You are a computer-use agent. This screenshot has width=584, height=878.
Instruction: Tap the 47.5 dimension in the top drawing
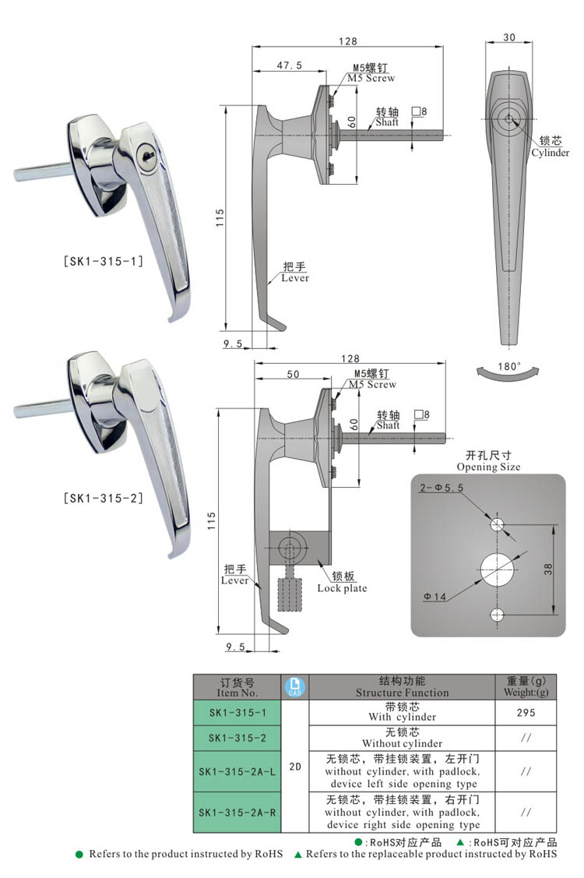click(x=289, y=67)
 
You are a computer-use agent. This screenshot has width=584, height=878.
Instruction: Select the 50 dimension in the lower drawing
click(x=293, y=375)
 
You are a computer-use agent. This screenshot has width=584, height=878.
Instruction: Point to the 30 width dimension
click(x=509, y=37)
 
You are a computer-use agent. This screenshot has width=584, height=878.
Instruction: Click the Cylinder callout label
click(x=551, y=147)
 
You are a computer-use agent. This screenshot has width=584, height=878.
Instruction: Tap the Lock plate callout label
click(x=342, y=582)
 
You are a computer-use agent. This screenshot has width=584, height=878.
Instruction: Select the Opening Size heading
click(x=487, y=461)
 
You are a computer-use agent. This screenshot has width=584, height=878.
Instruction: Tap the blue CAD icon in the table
click(x=296, y=686)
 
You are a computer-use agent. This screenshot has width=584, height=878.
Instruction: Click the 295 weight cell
click(x=526, y=712)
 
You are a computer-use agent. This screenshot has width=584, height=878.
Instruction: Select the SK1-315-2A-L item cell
click(x=237, y=771)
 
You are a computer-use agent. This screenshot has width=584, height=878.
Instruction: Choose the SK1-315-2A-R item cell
click(x=237, y=813)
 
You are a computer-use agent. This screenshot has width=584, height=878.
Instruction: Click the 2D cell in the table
click(x=295, y=766)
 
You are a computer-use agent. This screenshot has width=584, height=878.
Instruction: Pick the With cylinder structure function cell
click(x=402, y=712)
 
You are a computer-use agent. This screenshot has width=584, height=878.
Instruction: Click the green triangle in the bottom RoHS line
click(x=298, y=855)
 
